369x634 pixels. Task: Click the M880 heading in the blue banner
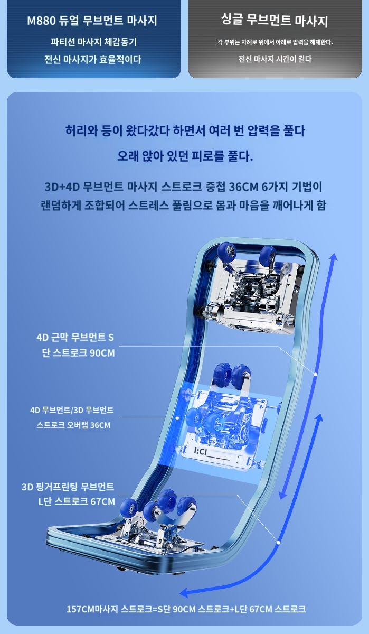(92, 21)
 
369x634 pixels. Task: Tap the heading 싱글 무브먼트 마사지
(275, 21)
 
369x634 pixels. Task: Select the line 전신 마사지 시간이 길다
(275, 59)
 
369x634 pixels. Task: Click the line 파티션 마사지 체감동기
(94, 42)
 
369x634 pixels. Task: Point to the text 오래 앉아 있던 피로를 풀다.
(185, 156)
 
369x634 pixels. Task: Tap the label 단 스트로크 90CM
(78, 353)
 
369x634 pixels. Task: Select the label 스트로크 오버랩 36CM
(73, 425)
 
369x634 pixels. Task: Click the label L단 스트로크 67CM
(77, 501)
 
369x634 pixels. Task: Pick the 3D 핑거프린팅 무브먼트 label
(68, 487)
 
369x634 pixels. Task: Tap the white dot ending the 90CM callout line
(315, 374)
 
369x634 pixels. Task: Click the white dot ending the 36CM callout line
(177, 418)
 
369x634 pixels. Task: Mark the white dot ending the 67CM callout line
(278, 543)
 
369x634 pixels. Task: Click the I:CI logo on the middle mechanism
(201, 452)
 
